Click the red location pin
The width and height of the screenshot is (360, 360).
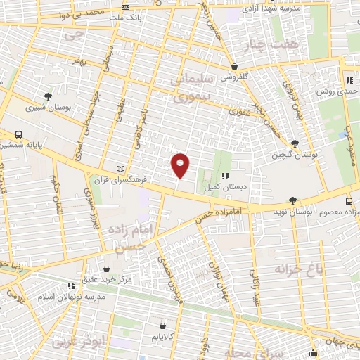pos(181,165)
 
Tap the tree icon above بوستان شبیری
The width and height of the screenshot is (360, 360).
pos(48,96)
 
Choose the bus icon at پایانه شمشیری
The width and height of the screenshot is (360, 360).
pos(18,134)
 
